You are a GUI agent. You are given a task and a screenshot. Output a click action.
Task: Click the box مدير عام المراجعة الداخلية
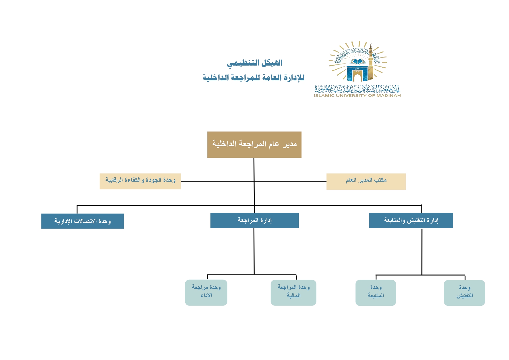point(254,144)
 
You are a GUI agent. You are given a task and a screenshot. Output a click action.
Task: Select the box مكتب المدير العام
point(366,181)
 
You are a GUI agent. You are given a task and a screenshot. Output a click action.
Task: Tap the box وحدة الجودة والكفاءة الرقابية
point(140,181)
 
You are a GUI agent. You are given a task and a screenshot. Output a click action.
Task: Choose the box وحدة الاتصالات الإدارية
point(82,221)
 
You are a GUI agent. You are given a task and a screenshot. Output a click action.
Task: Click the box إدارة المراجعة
point(254,220)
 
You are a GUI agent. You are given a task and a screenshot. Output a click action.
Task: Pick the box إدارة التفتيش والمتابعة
point(411,220)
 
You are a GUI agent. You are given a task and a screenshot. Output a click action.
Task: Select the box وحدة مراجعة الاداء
point(206,292)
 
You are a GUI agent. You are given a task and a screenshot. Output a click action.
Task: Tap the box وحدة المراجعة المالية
point(293,292)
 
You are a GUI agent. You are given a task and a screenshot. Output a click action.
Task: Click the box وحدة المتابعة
point(376,292)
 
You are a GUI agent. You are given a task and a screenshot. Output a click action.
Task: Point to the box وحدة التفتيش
point(464,292)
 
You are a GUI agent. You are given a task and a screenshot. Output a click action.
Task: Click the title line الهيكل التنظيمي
point(255,63)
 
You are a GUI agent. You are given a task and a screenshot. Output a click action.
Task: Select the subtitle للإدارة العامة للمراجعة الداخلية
point(253,78)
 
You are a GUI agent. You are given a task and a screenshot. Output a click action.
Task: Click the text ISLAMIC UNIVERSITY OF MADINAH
point(357,95)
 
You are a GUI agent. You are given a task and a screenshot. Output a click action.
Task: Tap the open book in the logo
point(358,62)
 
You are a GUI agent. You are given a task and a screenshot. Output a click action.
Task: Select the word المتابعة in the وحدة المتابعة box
point(376,296)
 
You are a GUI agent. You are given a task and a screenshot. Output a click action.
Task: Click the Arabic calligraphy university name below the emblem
point(357,88)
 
